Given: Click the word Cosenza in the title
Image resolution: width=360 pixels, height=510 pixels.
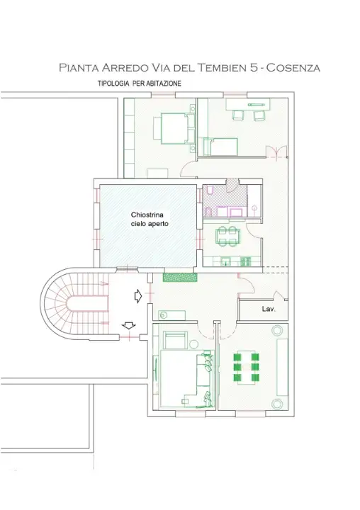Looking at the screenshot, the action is click(x=293, y=68).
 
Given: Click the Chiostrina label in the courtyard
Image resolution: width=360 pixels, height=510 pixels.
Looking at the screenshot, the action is click(x=147, y=215).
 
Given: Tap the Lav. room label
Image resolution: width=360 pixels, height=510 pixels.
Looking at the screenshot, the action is click(x=269, y=309).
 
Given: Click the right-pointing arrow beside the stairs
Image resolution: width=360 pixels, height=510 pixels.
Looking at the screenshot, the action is click(x=138, y=296).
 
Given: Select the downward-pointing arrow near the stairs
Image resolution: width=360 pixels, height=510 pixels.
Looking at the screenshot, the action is click(x=128, y=325).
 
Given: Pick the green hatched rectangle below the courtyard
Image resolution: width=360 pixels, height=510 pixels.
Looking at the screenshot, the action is click(x=180, y=277).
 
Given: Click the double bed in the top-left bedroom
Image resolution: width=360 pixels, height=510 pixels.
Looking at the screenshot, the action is click(x=174, y=128).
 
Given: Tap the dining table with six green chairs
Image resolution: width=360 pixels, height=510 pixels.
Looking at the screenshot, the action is click(x=247, y=367).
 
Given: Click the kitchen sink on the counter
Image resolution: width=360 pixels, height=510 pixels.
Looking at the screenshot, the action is click(x=227, y=261).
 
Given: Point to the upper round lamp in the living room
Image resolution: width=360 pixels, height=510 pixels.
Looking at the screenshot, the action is click(x=277, y=331).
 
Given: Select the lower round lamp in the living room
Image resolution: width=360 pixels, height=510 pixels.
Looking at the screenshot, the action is click(x=277, y=404).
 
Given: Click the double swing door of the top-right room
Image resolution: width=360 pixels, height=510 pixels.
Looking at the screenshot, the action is click(x=276, y=152).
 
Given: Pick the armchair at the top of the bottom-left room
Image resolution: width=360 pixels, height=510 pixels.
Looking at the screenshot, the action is click(x=175, y=340).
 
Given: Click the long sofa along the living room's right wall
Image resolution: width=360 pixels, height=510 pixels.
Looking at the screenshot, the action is click(x=283, y=367).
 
